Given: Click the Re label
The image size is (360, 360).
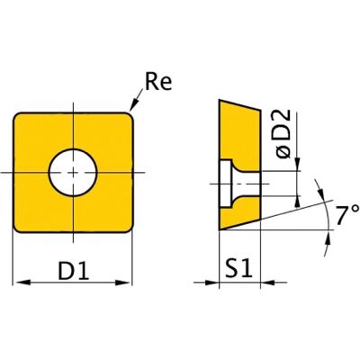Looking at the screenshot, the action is (158, 81).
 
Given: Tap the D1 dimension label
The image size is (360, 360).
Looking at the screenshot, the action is (74, 270).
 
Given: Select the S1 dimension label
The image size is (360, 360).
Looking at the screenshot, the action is (238, 268).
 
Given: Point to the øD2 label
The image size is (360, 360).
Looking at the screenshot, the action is (283, 134).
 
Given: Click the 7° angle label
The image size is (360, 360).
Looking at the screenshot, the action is (347, 215).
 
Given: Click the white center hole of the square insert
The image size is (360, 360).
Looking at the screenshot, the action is (73, 173).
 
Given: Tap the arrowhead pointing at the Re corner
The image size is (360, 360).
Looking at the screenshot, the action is (133, 105).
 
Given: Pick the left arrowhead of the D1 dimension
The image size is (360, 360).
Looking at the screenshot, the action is (22, 283).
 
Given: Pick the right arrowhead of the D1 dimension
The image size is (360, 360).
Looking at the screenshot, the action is (123, 283).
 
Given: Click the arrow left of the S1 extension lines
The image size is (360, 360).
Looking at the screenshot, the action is (206, 283).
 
